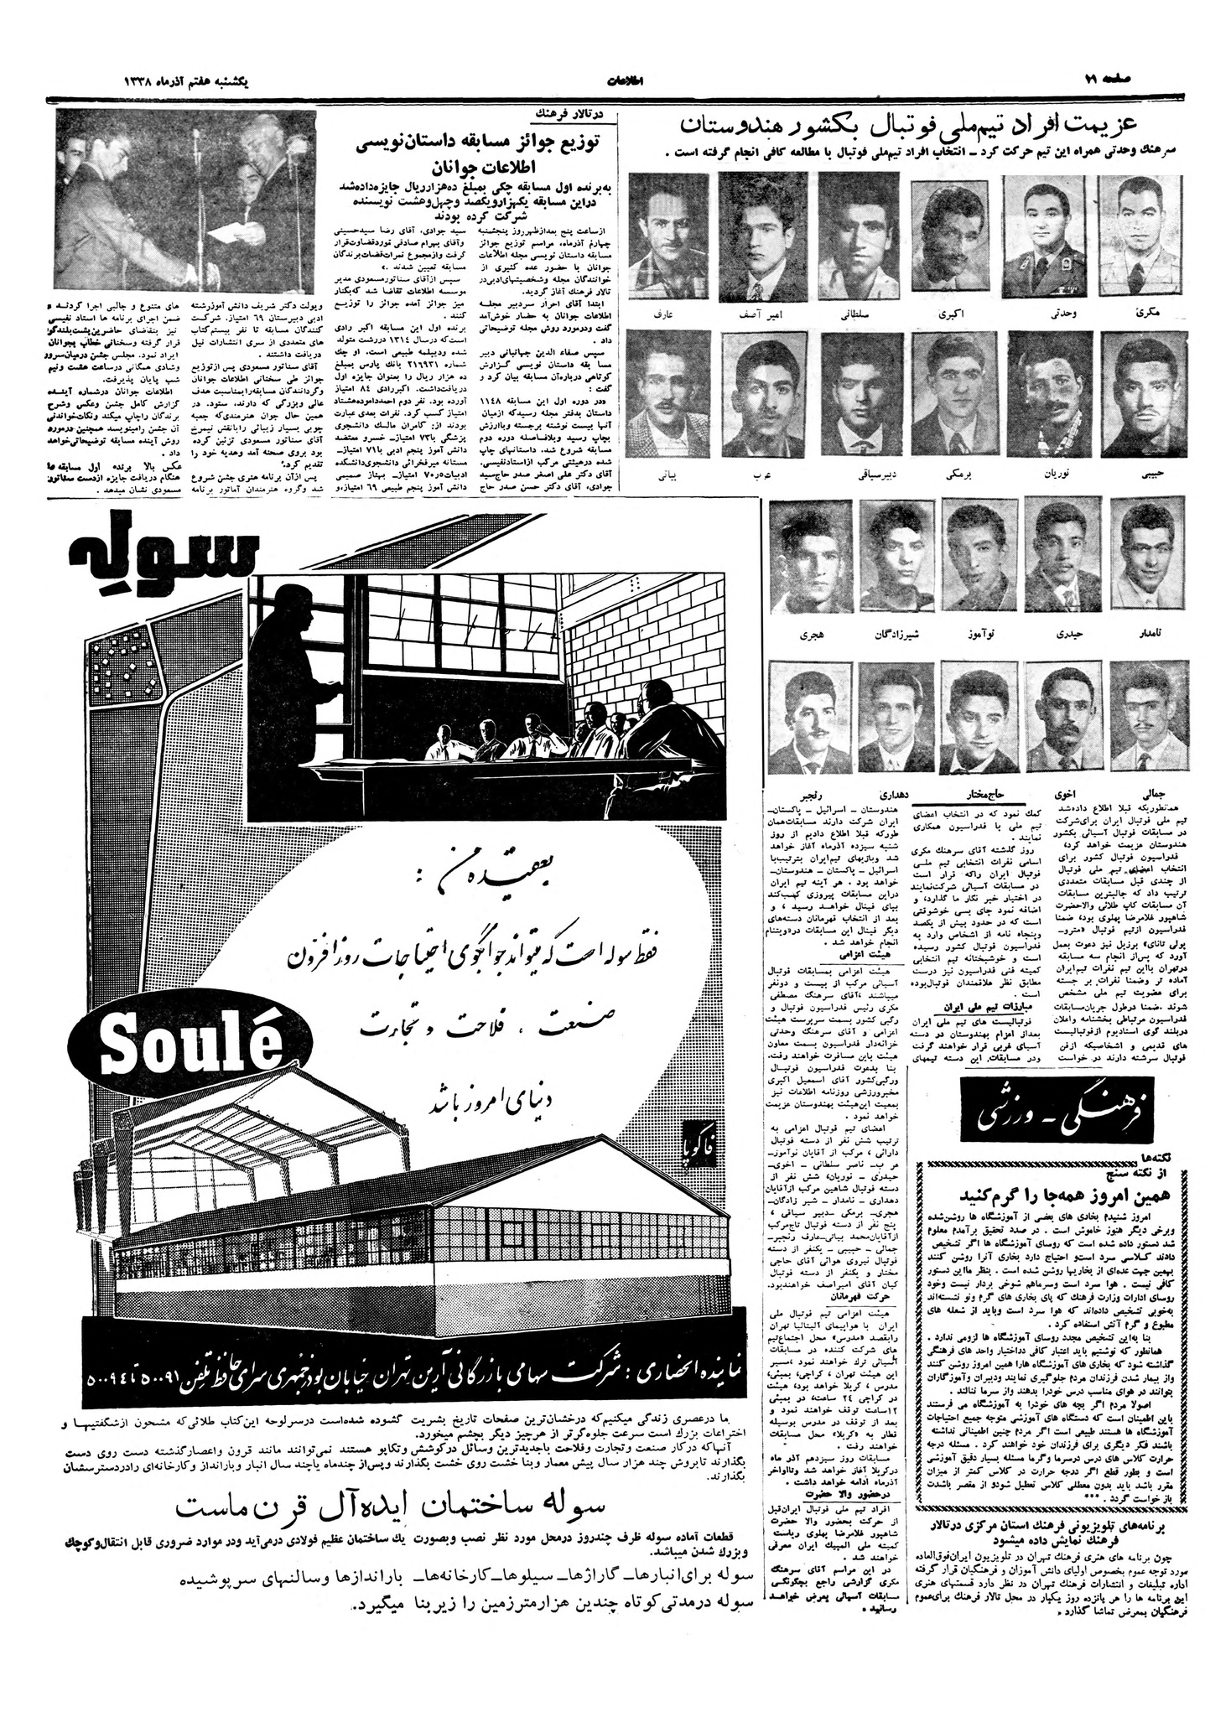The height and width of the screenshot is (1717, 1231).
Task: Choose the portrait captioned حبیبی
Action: [x=1145, y=397]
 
